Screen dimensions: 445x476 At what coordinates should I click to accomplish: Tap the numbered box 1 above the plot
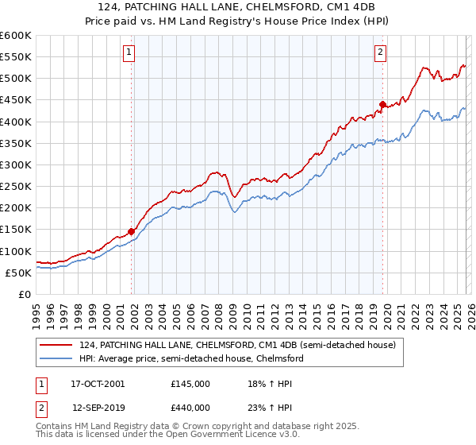click(x=129, y=53)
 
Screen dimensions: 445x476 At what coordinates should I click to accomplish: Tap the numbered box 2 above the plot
click(x=381, y=53)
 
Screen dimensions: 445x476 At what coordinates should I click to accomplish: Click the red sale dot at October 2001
click(x=131, y=231)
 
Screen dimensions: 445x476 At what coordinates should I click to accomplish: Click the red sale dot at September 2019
click(x=382, y=104)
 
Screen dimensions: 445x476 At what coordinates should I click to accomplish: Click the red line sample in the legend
click(x=58, y=344)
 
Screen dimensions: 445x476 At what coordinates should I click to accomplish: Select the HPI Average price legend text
click(x=190, y=358)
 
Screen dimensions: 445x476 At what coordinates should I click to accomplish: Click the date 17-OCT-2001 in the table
click(x=98, y=383)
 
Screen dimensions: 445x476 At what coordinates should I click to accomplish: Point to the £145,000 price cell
click(x=190, y=383)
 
